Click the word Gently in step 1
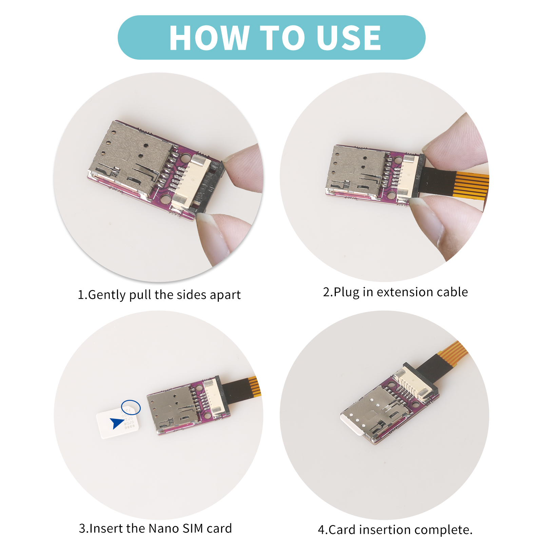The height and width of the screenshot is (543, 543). pos(106,295)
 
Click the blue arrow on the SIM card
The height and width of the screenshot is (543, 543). pos(116,423)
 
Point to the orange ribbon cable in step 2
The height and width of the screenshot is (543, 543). pos(471,185)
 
